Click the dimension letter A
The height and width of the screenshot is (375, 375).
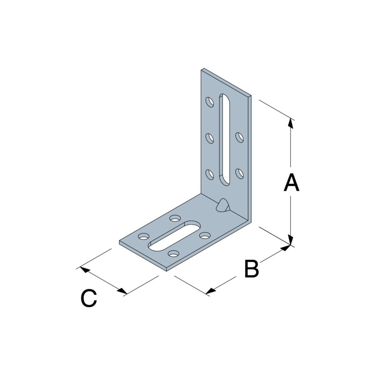pyautogui.click(x=291, y=183)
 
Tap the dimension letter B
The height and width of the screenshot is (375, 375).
pyautogui.click(x=252, y=269)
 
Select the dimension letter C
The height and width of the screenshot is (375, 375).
pyautogui.click(x=89, y=298)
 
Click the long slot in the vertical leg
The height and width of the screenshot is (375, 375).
pyautogui.click(x=225, y=139)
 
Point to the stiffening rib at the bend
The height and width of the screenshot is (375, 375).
pyautogui.click(x=223, y=205)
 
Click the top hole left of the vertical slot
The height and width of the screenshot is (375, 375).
pyautogui.click(x=210, y=102)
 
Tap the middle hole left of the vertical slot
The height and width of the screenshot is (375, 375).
pyautogui.click(x=210, y=139)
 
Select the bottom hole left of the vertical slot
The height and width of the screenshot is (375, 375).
pyautogui.click(x=210, y=175)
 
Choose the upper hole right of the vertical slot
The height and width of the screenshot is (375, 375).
pyautogui.click(x=240, y=138)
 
